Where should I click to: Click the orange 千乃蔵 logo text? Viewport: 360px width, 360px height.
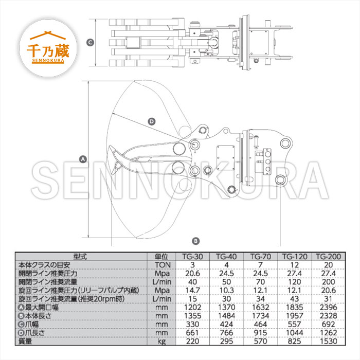(x=48, y=50)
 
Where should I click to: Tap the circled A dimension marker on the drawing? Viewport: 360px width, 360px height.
(x=83, y=159)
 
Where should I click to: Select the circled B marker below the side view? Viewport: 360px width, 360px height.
(x=195, y=241)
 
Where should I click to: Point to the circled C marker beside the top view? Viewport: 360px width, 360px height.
(x=90, y=43)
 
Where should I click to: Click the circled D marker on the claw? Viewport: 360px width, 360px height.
(x=152, y=121)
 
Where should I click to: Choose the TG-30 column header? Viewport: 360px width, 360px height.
(x=193, y=257)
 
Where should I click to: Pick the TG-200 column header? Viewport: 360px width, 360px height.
(x=329, y=257)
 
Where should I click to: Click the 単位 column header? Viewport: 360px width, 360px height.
(x=161, y=257)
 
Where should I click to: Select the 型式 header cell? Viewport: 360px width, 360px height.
(x=80, y=257)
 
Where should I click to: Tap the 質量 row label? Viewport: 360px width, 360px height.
(x=25, y=341)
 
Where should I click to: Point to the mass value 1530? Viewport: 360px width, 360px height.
(x=329, y=341)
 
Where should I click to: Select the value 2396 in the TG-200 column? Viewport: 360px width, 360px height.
(x=329, y=307)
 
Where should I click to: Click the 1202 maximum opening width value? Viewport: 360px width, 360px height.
(x=193, y=307)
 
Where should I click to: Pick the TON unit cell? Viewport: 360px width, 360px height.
(x=163, y=265)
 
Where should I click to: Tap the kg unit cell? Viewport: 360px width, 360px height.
(x=162, y=341)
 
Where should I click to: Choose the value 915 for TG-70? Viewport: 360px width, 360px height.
(x=260, y=333)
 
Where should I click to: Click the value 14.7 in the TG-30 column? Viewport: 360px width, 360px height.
(x=193, y=290)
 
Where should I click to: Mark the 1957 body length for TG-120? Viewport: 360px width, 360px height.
(x=295, y=316)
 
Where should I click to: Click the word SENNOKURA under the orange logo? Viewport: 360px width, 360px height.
(x=48, y=61)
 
